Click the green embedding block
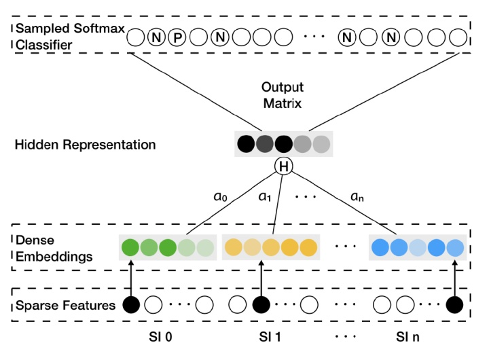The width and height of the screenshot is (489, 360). coord(167,247)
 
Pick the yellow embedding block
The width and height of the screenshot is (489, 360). coord(270,247)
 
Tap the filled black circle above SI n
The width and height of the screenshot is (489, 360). coord(454,305)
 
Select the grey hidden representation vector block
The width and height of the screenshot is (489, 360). coord(283,144)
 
